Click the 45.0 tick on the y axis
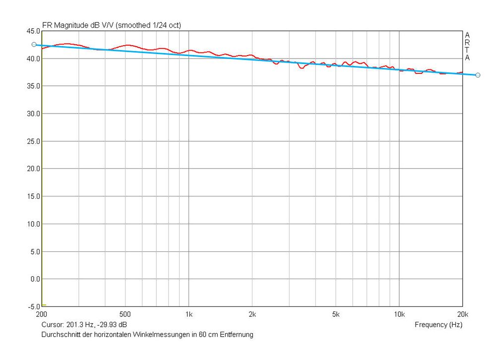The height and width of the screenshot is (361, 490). [33, 31]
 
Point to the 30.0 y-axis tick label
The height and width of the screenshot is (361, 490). [33, 114]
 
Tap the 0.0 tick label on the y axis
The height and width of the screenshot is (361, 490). [35, 279]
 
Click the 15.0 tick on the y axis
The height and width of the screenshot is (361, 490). [33, 196]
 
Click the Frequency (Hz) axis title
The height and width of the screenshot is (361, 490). [438, 325]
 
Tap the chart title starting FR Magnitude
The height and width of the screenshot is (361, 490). [111, 25]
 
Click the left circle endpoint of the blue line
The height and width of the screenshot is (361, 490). [34, 45]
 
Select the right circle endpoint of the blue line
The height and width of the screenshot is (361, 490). [478, 75]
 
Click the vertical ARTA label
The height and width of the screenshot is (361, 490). [467, 47]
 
